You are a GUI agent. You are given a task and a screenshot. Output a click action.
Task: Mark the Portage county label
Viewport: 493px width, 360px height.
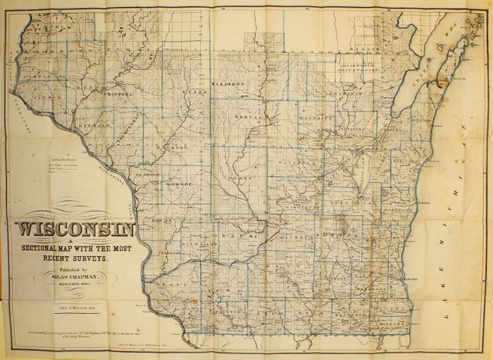click(246, 119)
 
